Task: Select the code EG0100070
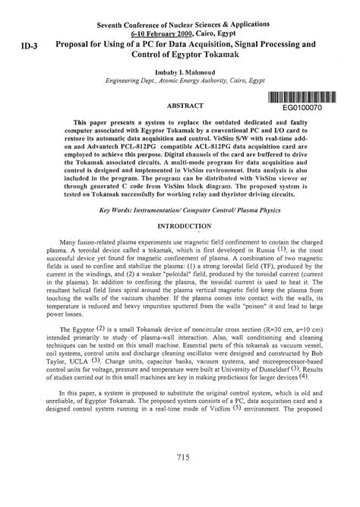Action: (x=302, y=109)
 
